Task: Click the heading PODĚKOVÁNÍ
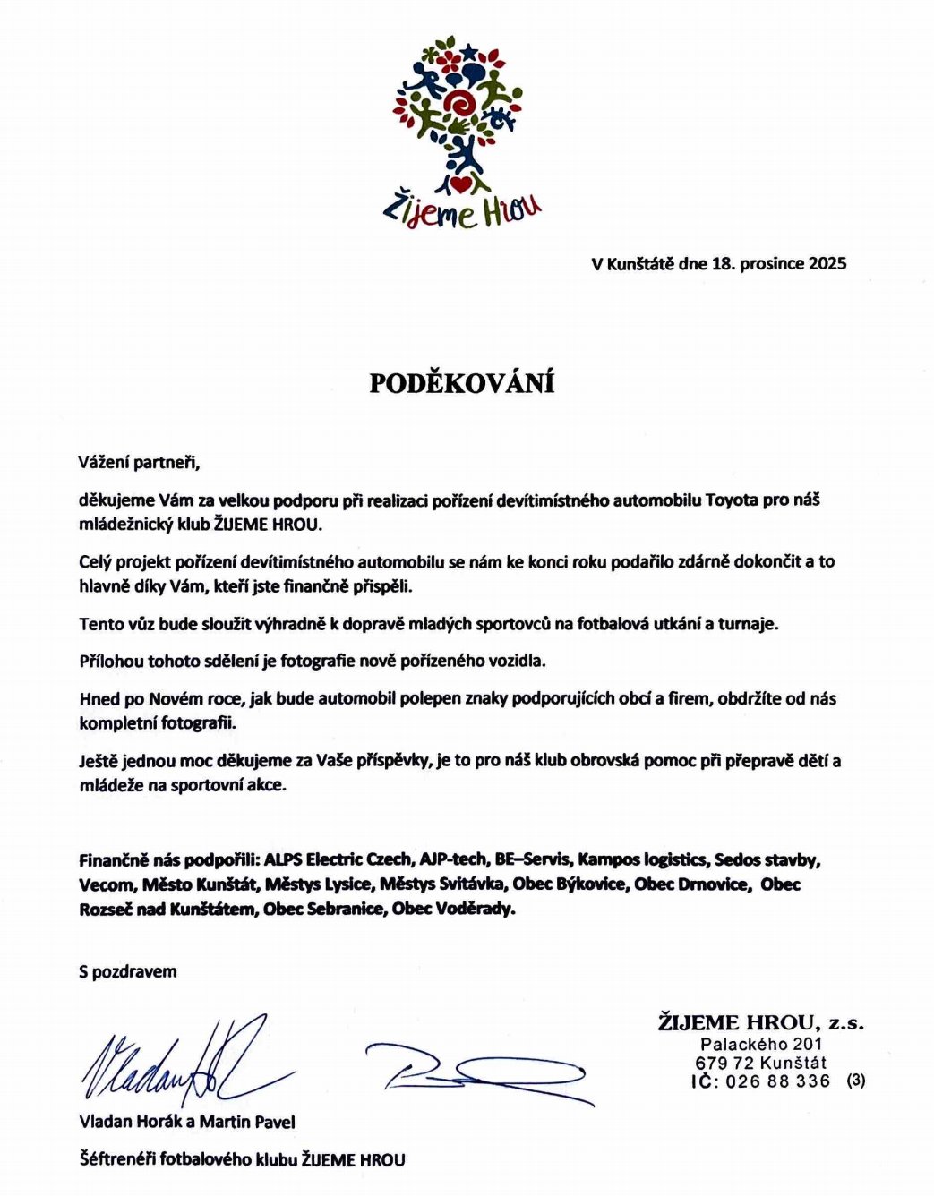tap(462, 383)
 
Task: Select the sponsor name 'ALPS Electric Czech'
tap(337, 860)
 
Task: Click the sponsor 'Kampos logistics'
tap(641, 860)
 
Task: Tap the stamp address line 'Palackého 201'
tap(761, 1044)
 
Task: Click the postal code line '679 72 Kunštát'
tap(760, 1063)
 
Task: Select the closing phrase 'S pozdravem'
tap(127, 971)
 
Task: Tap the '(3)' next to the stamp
tap(855, 1081)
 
